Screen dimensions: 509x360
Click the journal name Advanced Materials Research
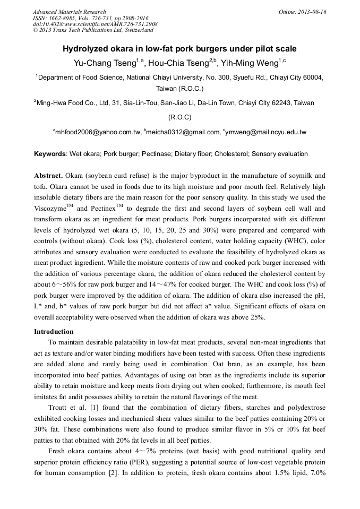pyautogui.click(x=69, y=12)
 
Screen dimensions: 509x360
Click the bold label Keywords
pyautogui.click(x=50, y=154)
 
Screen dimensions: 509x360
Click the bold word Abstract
pyautogui.click(x=48, y=175)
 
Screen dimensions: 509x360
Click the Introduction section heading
pyautogui.click(x=54, y=331)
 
